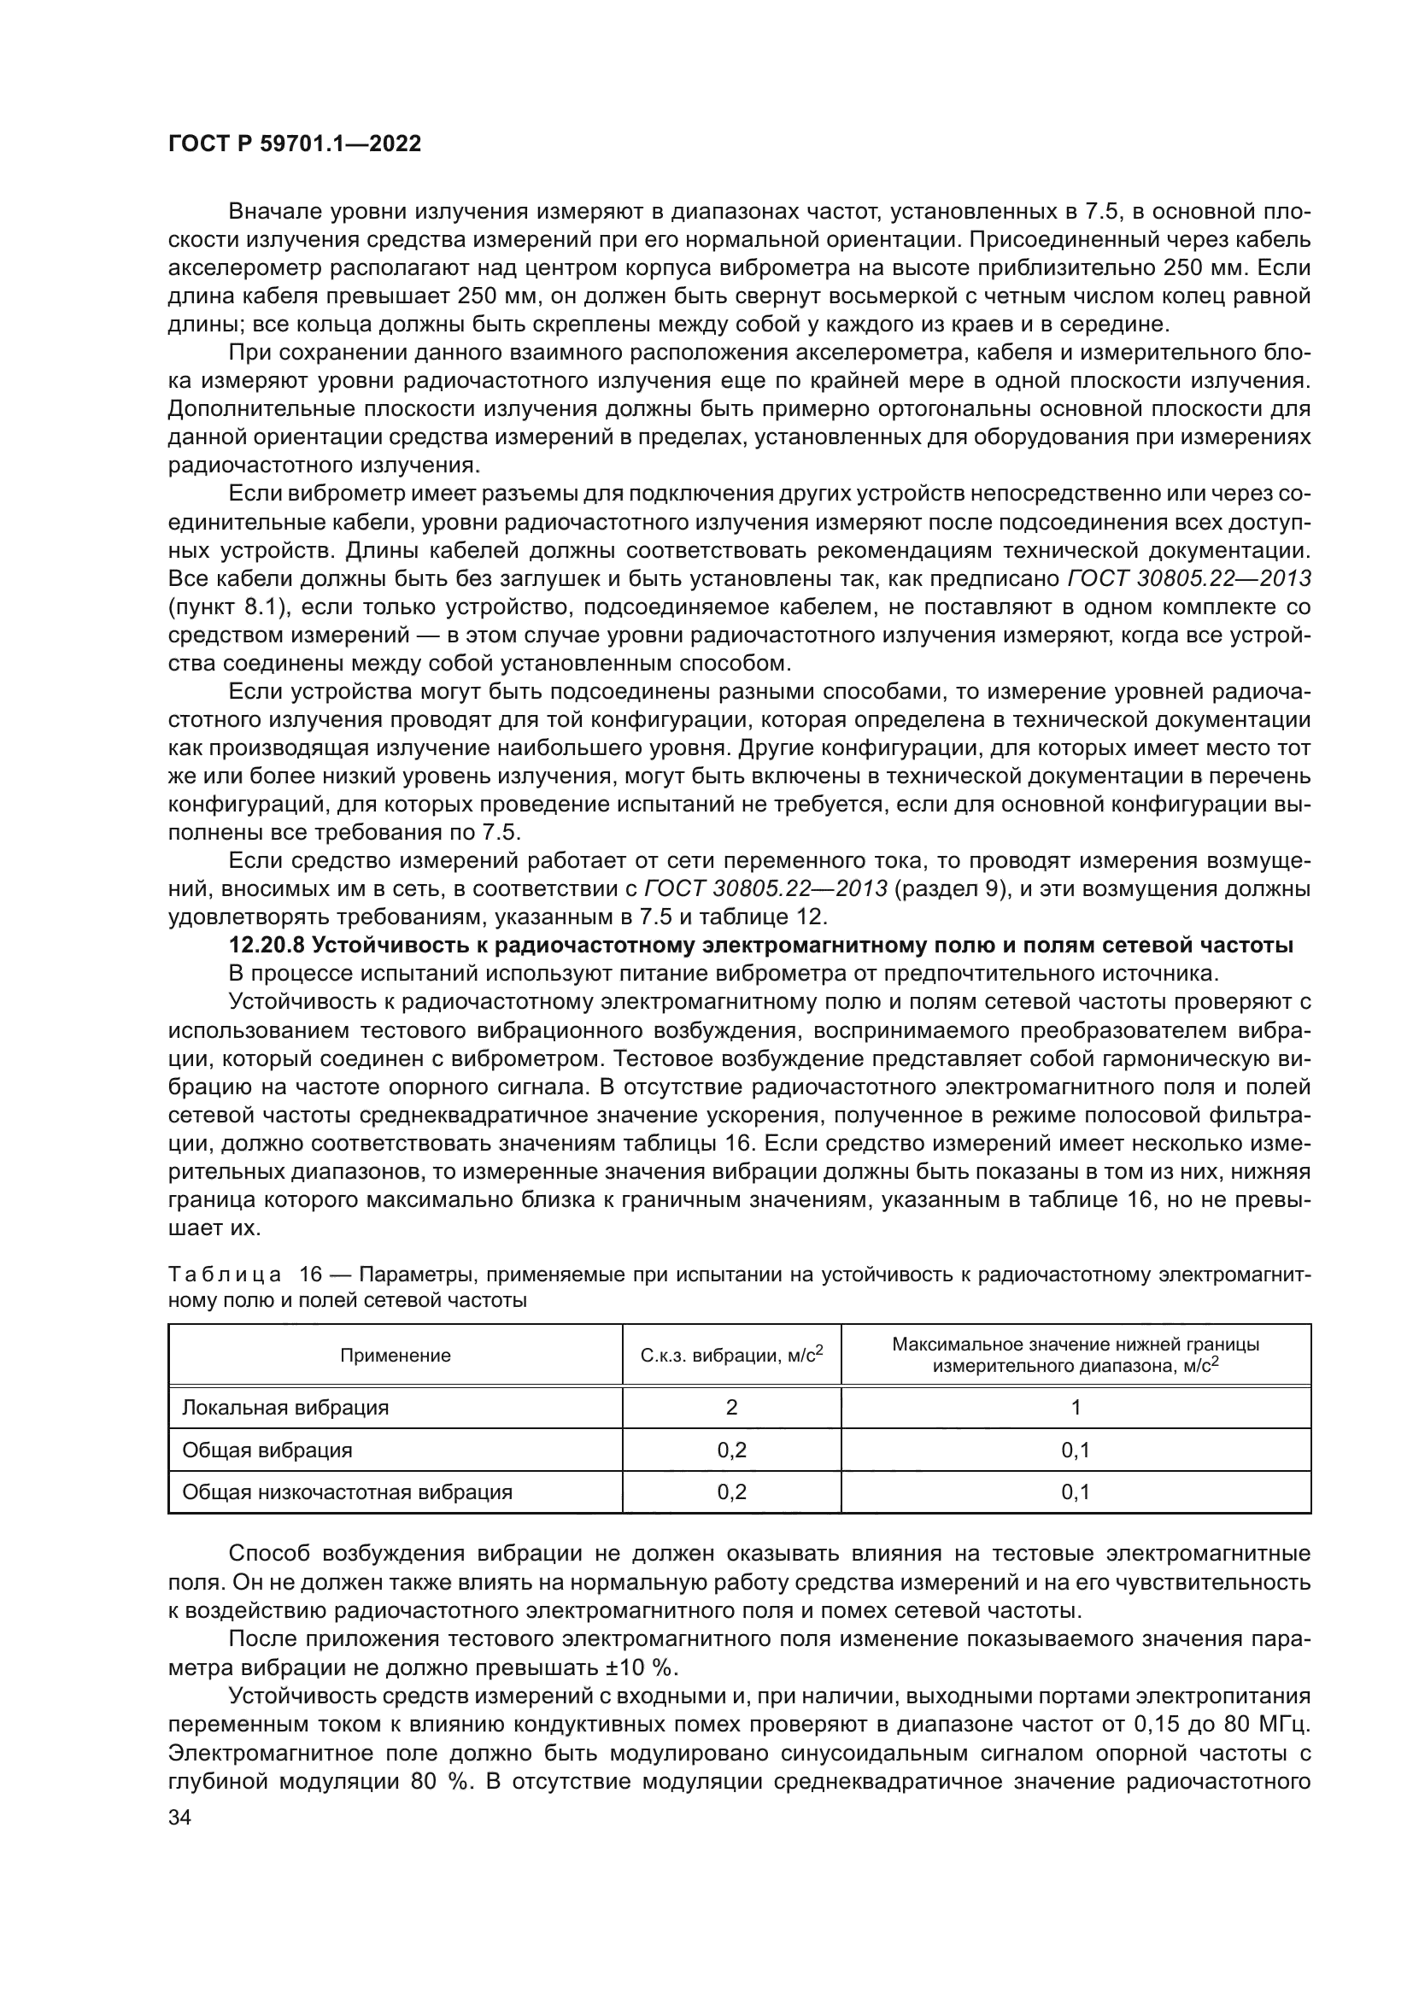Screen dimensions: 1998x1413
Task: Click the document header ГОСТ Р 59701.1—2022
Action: click(294, 144)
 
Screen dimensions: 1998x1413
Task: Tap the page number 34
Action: click(179, 1817)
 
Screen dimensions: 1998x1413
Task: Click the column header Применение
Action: click(395, 1355)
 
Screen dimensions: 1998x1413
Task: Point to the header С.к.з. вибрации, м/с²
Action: click(731, 1355)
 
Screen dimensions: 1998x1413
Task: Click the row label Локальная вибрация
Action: click(284, 1407)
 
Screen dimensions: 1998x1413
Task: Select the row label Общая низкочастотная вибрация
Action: click(346, 1492)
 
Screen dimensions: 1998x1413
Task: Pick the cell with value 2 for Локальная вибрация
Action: click(731, 1407)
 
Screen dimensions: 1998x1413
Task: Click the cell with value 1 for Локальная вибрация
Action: click(1076, 1407)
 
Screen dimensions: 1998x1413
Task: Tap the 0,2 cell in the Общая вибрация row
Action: click(731, 1450)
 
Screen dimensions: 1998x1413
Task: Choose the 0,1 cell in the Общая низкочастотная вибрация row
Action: click(1076, 1492)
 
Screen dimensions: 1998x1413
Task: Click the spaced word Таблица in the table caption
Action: click(225, 1274)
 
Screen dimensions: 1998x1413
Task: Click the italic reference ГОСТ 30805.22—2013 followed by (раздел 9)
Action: click(765, 888)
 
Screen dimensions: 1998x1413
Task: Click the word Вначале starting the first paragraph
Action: click(277, 212)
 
